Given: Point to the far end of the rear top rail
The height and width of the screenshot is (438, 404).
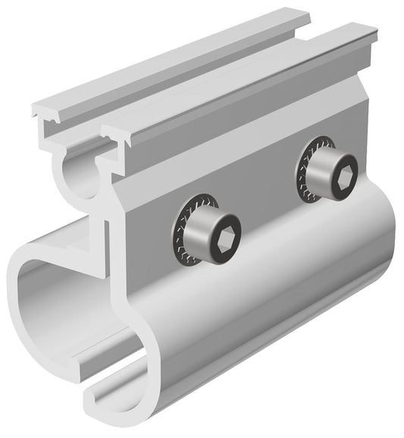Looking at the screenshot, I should coord(299,16).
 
